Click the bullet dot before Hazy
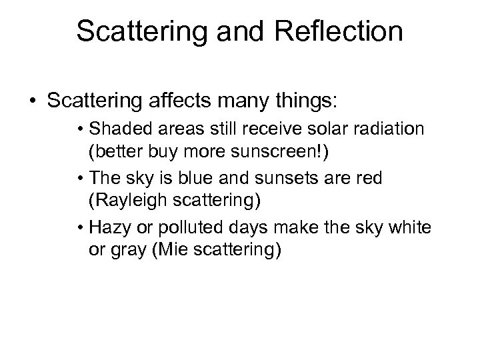click(81, 229)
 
